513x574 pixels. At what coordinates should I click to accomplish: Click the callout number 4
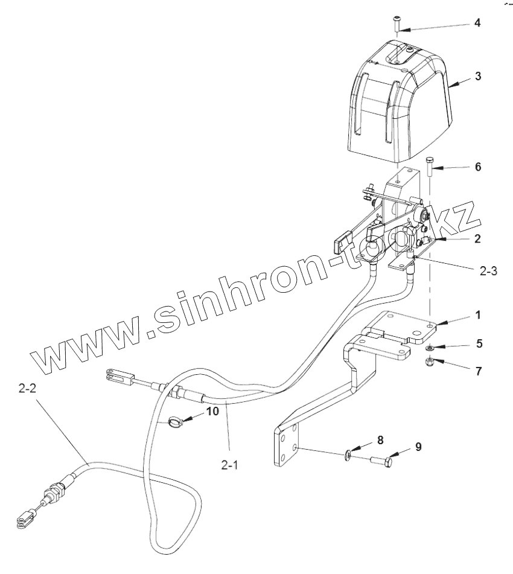tap(477, 24)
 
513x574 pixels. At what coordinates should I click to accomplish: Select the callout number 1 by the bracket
tap(477, 315)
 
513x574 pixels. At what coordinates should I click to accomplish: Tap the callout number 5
tap(479, 343)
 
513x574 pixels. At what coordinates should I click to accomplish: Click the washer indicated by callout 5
tap(431, 349)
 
